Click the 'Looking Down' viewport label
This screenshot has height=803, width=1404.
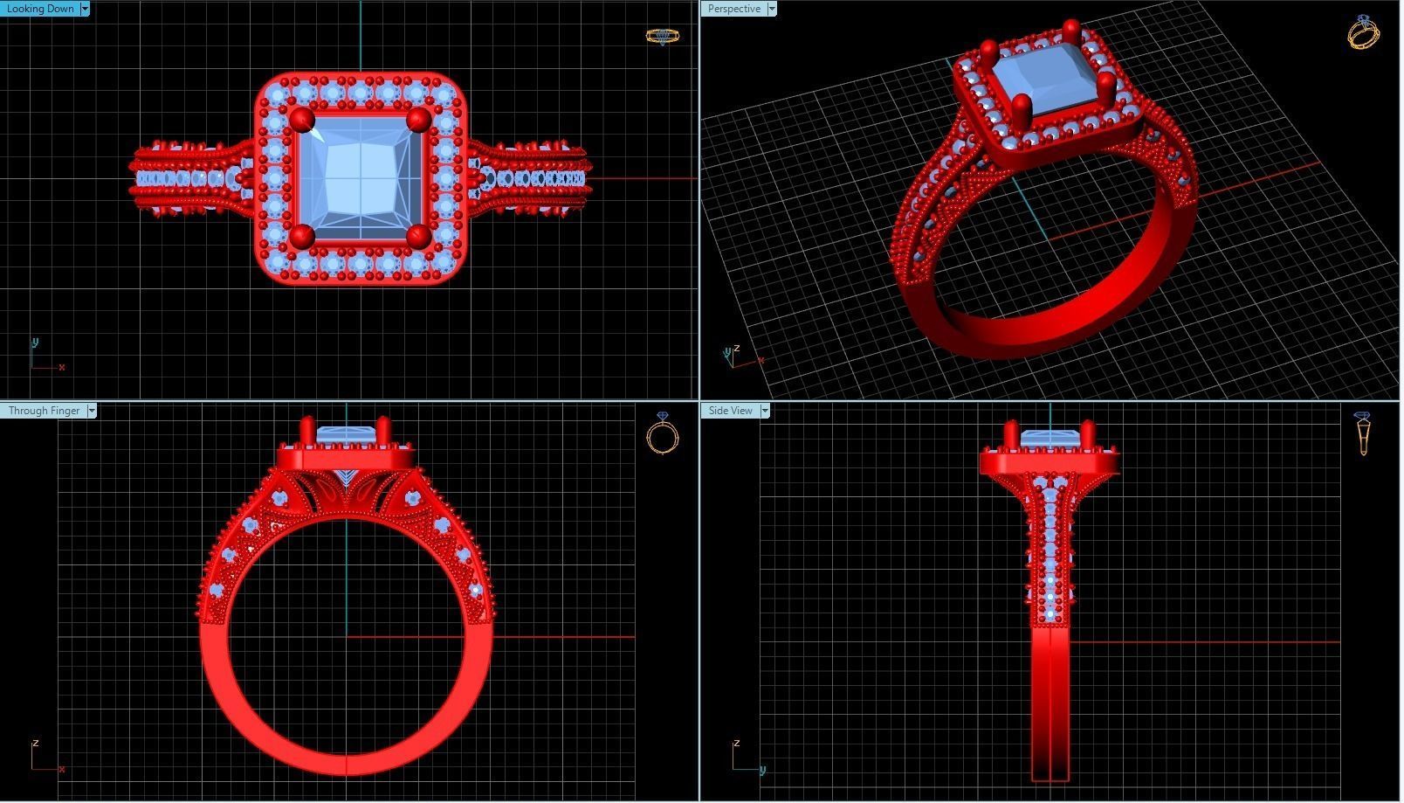pyautogui.click(x=40, y=9)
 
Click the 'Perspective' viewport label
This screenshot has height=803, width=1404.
pyautogui.click(x=733, y=9)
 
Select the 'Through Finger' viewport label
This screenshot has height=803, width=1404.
pyautogui.click(x=44, y=411)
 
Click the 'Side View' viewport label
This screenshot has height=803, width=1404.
pyautogui.click(x=730, y=411)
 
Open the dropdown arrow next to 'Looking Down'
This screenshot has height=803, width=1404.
pyautogui.click(x=85, y=9)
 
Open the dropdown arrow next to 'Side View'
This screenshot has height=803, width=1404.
pyautogui.click(x=765, y=411)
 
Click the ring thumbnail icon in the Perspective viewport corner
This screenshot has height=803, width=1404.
pyautogui.click(x=1363, y=32)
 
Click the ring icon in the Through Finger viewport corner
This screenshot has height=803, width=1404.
pyautogui.click(x=663, y=433)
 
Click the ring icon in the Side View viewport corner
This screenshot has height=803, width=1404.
pyautogui.click(x=1362, y=433)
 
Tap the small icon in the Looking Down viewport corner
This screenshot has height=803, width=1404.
pyautogui.click(x=662, y=36)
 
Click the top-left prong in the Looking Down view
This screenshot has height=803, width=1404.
pyautogui.click(x=302, y=119)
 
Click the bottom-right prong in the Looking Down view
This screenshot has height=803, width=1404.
pyautogui.click(x=419, y=236)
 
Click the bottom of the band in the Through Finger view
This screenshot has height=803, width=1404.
pyautogui.click(x=348, y=764)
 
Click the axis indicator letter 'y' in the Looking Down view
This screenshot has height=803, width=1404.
pyautogui.click(x=35, y=342)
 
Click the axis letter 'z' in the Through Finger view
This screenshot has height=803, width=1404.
pyautogui.click(x=35, y=744)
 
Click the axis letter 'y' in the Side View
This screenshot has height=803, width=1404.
pyautogui.click(x=762, y=770)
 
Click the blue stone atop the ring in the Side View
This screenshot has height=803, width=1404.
pyautogui.click(x=1049, y=437)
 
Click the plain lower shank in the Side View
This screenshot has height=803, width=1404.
pyautogui.click(x=1050, y=699)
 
